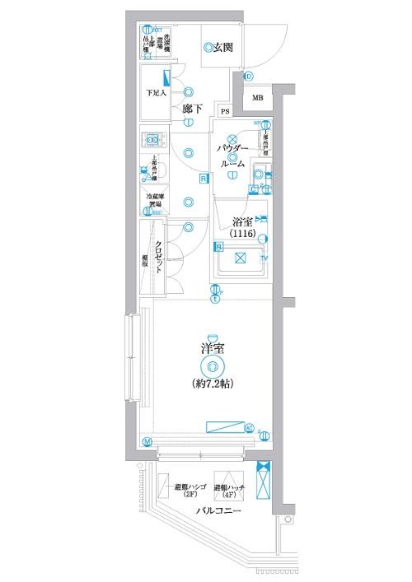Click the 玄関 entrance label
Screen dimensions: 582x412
[222, 48]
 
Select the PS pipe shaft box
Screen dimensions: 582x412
[225, 111]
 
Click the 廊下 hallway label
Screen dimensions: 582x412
[193, 109]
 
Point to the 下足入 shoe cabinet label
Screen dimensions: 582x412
[156, 91]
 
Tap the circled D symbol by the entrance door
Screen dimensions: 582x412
[248, 77]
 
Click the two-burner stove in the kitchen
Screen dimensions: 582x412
[152, 141]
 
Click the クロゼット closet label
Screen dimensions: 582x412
[157, 255]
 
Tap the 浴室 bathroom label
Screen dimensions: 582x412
[241, 221]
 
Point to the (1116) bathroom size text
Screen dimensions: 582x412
[241, 234]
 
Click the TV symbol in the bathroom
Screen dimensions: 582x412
[264, 259]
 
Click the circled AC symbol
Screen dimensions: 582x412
[250, 427]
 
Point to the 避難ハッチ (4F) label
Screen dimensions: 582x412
[228, 492]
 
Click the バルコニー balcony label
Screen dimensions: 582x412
[218, 511]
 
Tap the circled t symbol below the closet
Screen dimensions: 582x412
[215, 299]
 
